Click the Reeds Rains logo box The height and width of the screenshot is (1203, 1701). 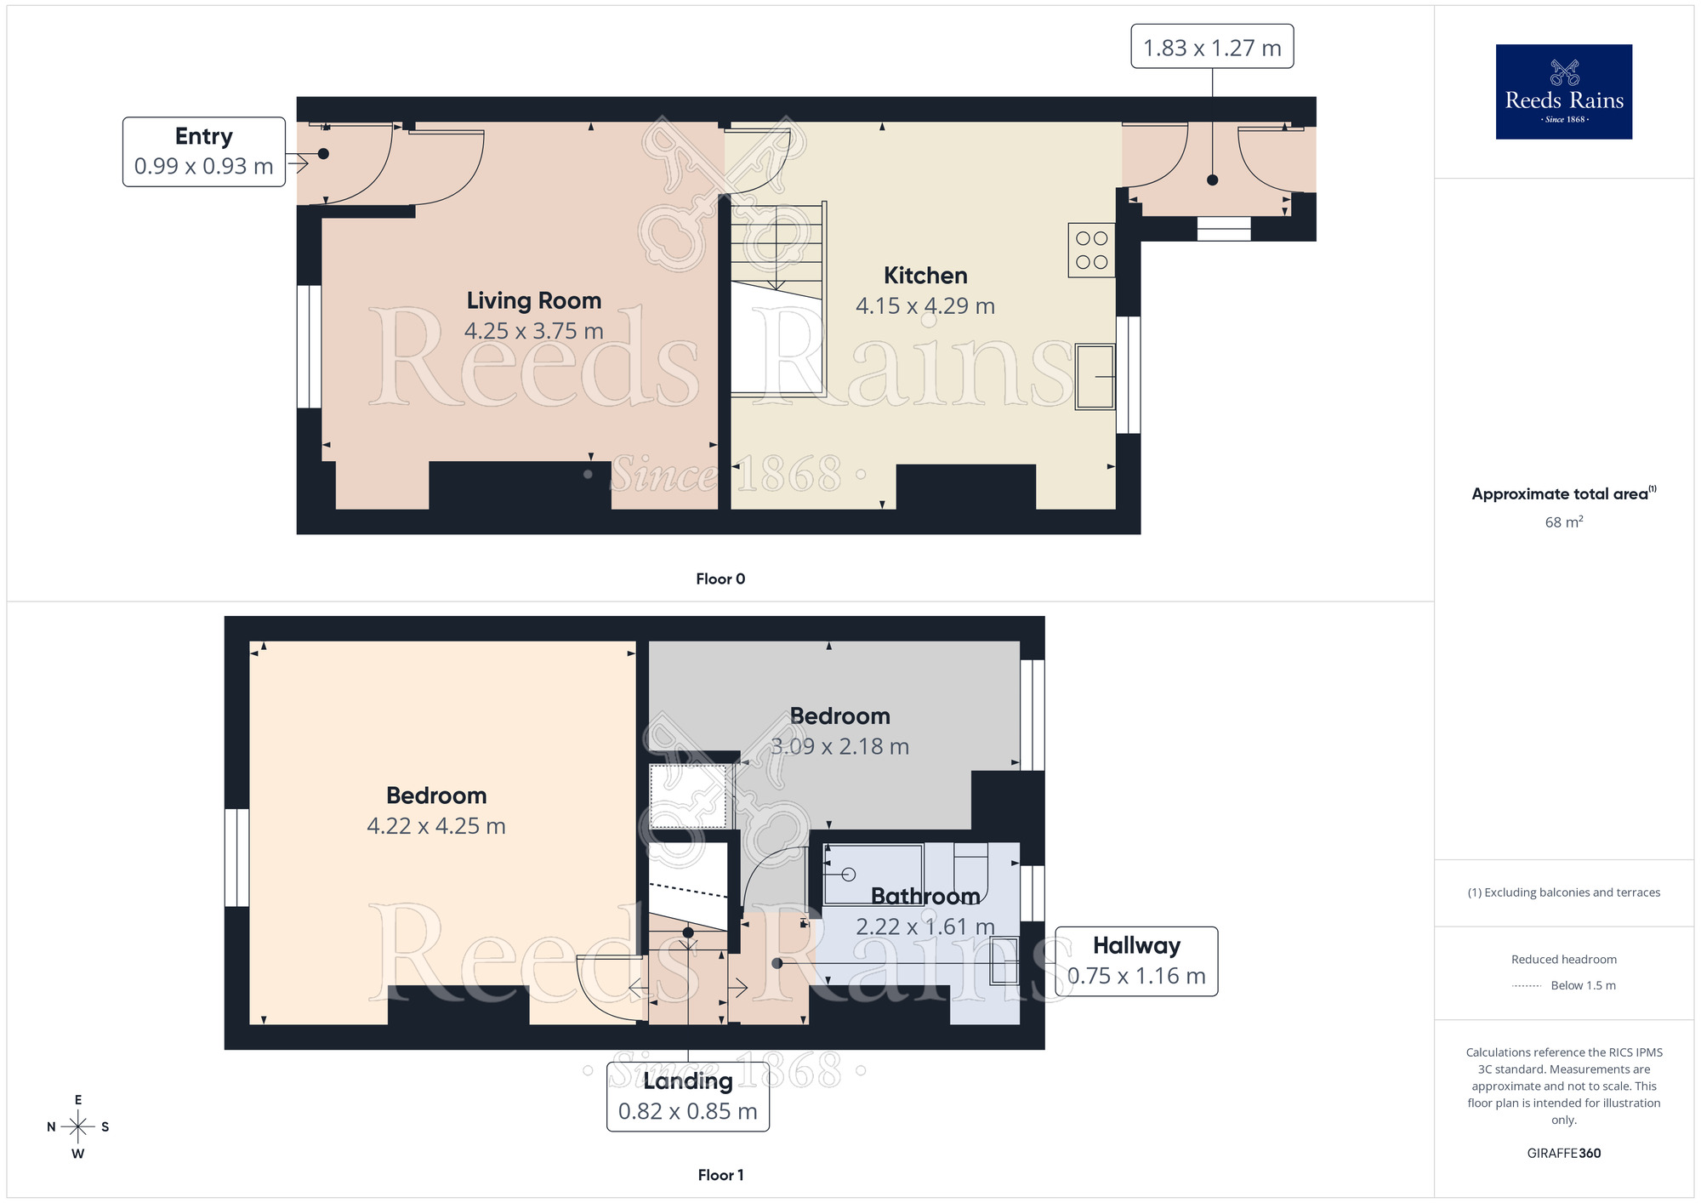tap(1563, 92)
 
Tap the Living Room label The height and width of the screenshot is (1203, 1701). tap(533, 300)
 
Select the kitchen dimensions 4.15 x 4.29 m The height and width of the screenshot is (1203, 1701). tap(924, 306)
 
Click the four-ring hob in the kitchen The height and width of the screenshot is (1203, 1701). tap(1091, 250)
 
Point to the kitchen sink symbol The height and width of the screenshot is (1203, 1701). tap(1095, 376)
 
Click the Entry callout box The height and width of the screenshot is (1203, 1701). tap(204, 151)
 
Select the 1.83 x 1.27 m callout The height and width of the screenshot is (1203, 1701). tap(1211, 47)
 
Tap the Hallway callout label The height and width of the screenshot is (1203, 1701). tap(1136, 946)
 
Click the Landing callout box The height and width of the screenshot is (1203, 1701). tap(687, 1096)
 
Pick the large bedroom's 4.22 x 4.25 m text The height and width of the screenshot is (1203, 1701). tap(435, 826)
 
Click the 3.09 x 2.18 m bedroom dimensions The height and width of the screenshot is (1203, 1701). tap(839, 747)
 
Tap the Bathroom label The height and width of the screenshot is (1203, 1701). tap(924, 896)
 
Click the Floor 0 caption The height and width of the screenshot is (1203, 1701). tap(720, 579)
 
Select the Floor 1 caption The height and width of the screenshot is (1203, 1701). tap(720, 1175)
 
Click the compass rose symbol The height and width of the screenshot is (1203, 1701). tap(77, 1127)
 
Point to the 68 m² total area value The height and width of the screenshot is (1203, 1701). tap(1563, 522)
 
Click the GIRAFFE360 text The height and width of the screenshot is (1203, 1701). tap(1563, 1154)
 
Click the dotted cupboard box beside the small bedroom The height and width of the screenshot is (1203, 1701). tap(687, 796)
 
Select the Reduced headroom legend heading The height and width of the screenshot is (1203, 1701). tap(1563, 960)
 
